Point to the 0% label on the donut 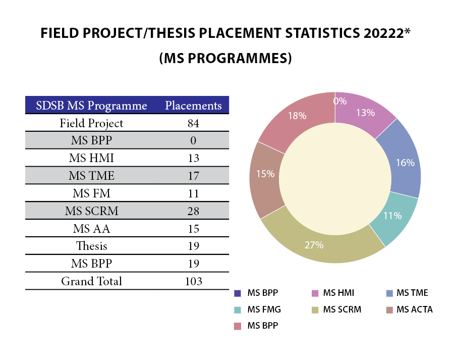pos(339,101)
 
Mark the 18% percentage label pos(297,116)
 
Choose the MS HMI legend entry pos(335,293)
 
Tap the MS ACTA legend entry pos(414,309)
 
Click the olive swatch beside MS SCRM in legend pos(314,310)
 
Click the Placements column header pos(193,106)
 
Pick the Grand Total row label pos(91,281)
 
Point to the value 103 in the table pos(193,281)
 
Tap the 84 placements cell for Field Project pos(193,123)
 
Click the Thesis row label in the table pos(91,246)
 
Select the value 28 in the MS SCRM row pos(193,211)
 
